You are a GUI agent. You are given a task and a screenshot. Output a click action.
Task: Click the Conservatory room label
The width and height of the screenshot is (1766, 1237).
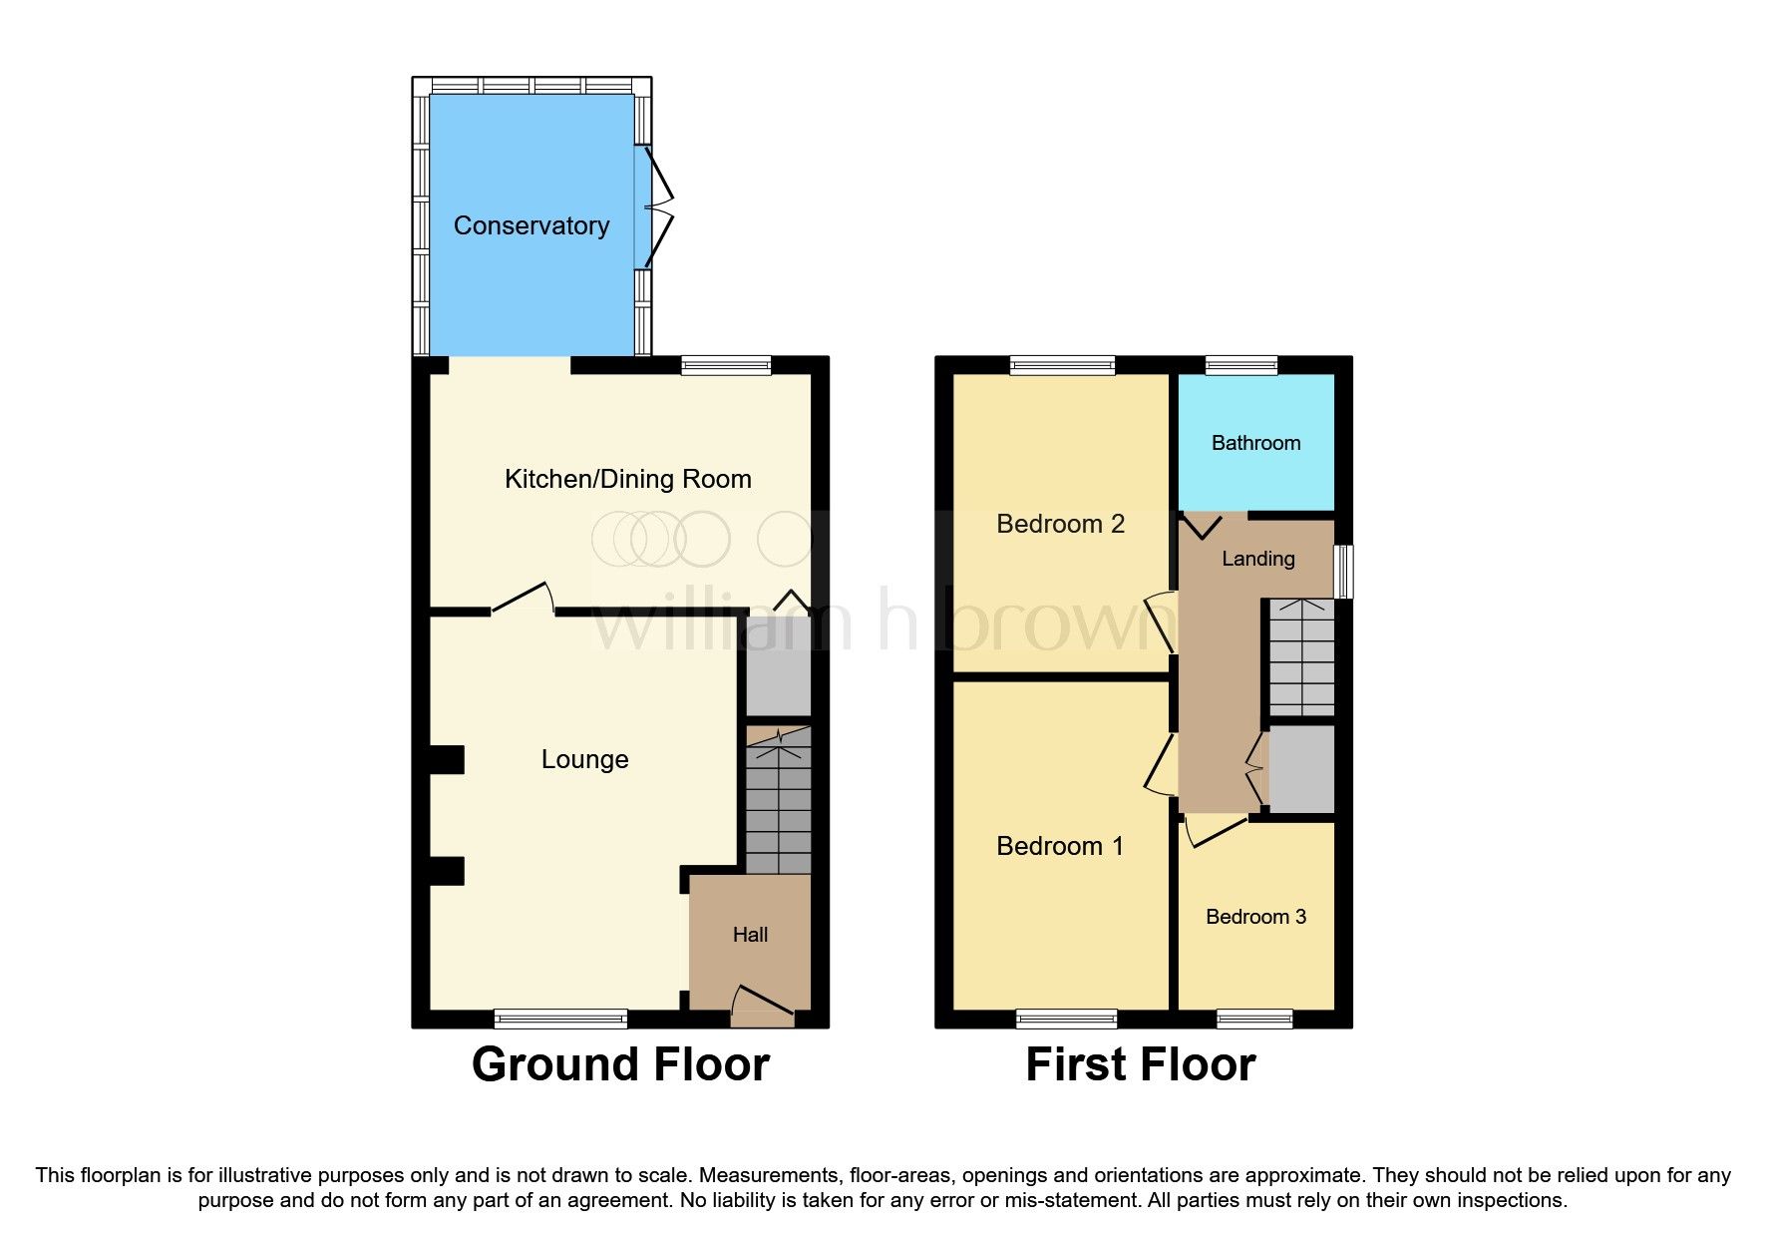pos(530,225)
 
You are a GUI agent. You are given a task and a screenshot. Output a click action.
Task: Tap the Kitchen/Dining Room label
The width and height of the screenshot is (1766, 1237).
pos(627,479)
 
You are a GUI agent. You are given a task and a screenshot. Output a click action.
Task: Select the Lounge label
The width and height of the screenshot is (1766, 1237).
pos(584,759)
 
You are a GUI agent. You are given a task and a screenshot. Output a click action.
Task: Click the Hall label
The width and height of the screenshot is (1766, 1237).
pos(750,935)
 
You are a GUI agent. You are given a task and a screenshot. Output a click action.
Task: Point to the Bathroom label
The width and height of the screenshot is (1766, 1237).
pos(1255,443)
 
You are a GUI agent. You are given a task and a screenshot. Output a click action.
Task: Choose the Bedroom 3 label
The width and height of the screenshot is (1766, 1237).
pos(1255,917)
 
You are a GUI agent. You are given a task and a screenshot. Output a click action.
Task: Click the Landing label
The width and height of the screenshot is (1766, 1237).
pos(1257,559)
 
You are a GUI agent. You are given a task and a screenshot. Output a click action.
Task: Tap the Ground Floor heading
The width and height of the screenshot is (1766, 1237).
pos(620,1064)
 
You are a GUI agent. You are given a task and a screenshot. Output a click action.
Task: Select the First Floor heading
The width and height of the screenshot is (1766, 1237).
pos(1140,1064)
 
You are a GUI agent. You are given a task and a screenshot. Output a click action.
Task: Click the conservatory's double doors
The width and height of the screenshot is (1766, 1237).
pos(658,207)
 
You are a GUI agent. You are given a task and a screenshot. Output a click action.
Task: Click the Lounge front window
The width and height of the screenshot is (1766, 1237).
pos(560,1019)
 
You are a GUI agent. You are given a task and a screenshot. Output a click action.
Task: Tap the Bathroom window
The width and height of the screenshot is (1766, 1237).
pos(1240,365)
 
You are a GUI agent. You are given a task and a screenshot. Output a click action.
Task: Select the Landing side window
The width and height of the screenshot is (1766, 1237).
pos(1343,571)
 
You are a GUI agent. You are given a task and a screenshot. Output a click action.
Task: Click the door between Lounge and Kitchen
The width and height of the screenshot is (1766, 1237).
pos(524,599)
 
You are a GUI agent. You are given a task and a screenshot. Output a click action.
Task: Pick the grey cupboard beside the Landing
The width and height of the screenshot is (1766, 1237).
pos(1300,768)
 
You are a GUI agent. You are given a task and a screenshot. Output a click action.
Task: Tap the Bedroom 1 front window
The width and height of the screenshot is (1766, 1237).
pos(1066,1019)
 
